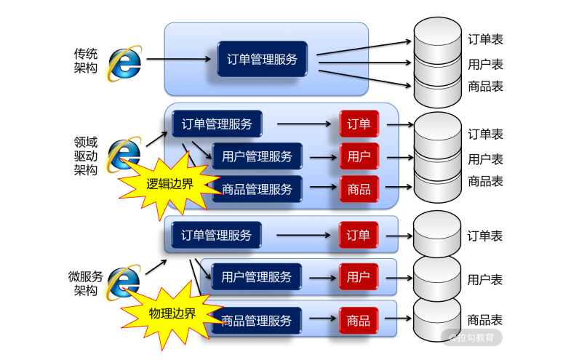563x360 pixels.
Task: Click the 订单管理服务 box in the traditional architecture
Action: pyautogui.click(x=262, y=60)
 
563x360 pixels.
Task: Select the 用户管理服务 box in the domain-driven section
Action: pyautogui.click(x=257, y=156)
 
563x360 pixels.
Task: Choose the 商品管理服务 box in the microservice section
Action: pyautogui.click(x=257, y=320)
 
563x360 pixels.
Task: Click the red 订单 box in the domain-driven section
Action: pyautogui.click(x=359, y=124)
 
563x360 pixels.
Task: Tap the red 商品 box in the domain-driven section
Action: pyautogui.click(x=359, y=190)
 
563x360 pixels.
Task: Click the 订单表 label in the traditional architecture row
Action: pyautogui.click(x=485, y=39)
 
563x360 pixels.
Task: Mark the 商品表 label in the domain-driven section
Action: pyautogui.click(x=485, y=181)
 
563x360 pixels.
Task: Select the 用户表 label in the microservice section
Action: pyautogui.click(x=485, y=279)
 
